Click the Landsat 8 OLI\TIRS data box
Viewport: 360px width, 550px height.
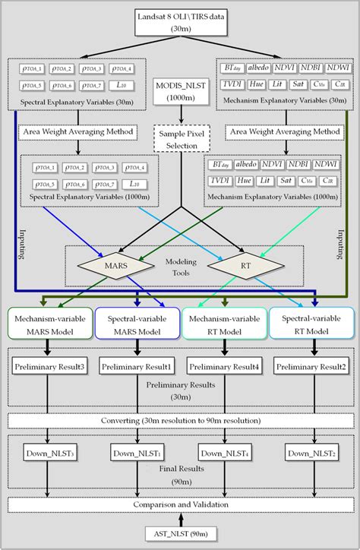tap(180, 22)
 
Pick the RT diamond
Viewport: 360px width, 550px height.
tap(245, 267)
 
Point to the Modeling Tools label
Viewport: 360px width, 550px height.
tap(181, 267)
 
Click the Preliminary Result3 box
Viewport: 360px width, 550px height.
tap(49, 368)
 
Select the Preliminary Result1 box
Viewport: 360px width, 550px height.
tap(137, 368)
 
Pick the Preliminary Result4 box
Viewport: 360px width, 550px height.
tap(225, 368)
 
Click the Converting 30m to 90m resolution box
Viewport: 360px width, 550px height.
tap(181, 420)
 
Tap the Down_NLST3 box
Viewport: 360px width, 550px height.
tap(49, 454)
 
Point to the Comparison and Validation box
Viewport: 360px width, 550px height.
tap(181, 504)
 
